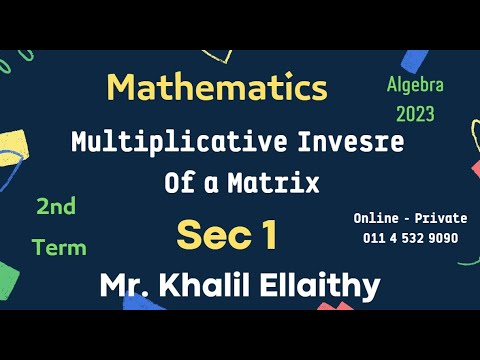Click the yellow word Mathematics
217,87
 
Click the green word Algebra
413,85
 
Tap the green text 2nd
58,207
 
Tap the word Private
442,218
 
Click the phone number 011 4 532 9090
410,238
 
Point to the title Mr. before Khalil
123,286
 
